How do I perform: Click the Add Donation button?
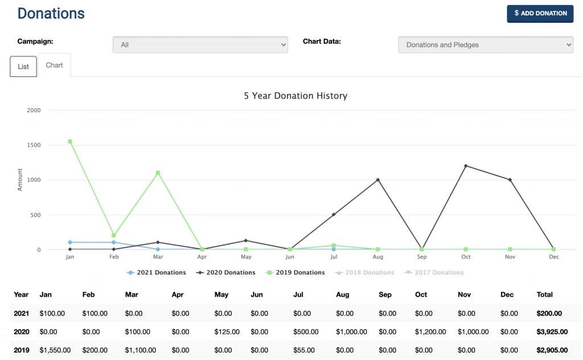(540, 13)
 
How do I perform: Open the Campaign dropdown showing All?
(200, 45)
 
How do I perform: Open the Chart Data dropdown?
(485, 45)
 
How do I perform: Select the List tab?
(23, 67)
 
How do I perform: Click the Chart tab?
(55, 66)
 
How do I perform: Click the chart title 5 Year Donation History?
(295, 96)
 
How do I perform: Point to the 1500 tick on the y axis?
(34, 145)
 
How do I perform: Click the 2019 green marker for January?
(70, 141)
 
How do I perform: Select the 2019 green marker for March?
(158, 173)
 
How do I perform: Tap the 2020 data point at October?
(466, 166)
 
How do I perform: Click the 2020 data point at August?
(377, 180)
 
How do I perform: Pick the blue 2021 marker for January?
(70, 242)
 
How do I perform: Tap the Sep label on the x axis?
(422, 257)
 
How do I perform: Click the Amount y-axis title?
(20, 179)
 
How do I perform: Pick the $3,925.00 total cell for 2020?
(552, 332)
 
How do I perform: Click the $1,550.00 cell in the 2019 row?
(55, 350)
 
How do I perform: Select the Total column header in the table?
(544, 294)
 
